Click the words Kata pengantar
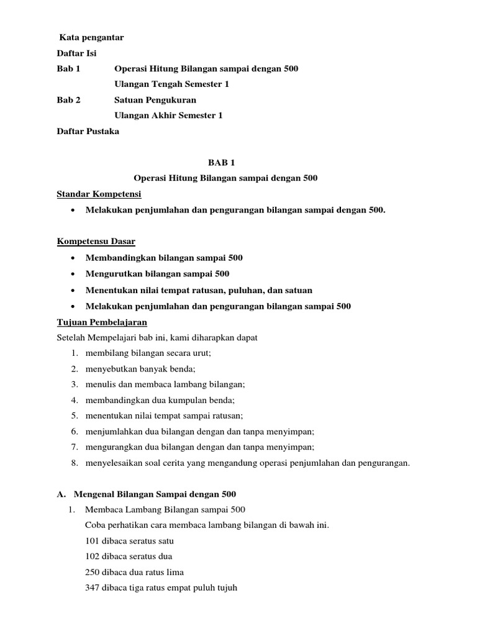[91, 38]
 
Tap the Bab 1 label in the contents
[68, 69]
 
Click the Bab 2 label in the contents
[68, 100]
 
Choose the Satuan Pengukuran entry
[155, 100]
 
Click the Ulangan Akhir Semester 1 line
[168, 116]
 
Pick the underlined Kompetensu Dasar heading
[96, 241]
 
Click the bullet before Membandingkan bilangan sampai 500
[74, 258]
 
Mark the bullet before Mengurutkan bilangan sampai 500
[74, 274]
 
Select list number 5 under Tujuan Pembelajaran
[74, 416]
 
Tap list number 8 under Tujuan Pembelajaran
[74, 462]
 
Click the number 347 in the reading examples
[92, 588]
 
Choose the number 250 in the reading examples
[92, 572]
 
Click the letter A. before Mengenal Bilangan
[61, 494]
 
